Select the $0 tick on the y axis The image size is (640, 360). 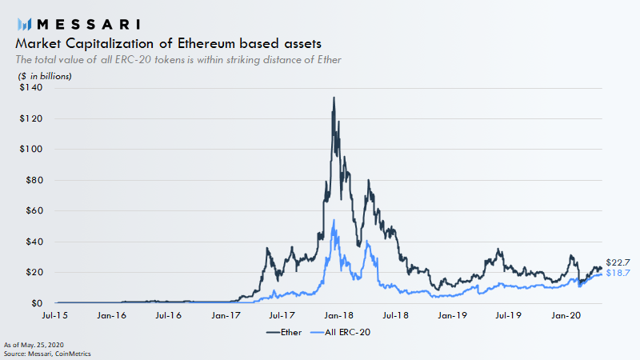coord(35,303)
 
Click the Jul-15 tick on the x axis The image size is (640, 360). coord(55,316)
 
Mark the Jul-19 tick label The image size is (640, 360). coord(510,316)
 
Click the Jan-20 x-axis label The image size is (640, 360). coord(566,316)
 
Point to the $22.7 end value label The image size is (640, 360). coord(618,262)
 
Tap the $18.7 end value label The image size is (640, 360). coord(618,274)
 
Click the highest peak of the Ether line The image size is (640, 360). coord(334,98)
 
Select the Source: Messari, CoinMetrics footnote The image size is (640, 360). coord(48,352)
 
